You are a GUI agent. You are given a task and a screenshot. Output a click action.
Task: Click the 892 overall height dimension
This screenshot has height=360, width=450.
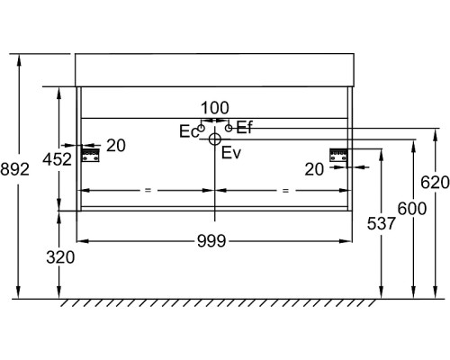(x=14, y=169)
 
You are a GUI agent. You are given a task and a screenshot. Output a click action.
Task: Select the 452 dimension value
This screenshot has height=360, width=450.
(x=58, y=159)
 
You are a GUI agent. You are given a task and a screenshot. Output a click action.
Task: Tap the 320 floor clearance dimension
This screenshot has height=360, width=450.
(x=60, y=257)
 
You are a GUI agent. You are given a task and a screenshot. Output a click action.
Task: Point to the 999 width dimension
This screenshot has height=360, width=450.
(x=211, y=241)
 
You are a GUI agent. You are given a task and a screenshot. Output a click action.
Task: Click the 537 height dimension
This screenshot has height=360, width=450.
(x=382, y=223)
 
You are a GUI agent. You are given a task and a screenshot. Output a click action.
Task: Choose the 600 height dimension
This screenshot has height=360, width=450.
(x=412, y=209)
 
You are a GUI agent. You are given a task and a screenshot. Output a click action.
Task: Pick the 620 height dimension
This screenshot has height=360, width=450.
(x=435, y=183)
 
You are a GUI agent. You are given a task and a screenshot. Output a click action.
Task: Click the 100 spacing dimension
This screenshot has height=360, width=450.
(x=215, y=108)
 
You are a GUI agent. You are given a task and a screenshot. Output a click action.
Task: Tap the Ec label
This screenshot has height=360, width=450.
(x=189, y=131)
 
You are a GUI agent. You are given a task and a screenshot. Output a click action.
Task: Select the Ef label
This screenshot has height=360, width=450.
(x=245, y=128)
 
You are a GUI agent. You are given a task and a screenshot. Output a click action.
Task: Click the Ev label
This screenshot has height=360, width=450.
(x=231, y=153)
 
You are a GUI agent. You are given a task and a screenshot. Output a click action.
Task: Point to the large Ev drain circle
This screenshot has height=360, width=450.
(x=215, y=139)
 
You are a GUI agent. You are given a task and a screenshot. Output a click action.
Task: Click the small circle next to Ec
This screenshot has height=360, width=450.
(x=202, y=128)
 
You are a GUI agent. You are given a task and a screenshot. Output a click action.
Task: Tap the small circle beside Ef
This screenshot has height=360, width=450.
(x=229, y=128)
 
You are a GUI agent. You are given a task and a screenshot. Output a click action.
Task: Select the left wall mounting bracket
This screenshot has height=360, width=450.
(x=91, y=155)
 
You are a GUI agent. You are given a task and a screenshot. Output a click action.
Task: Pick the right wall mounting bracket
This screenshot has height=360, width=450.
(x=338, y=155)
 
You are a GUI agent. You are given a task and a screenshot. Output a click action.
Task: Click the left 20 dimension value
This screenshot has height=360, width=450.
(x=116, y=146)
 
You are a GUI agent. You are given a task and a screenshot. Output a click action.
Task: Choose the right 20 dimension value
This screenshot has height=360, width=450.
(x=314, y=169)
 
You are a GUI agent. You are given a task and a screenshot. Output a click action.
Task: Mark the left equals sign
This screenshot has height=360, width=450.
(x=148, y=190)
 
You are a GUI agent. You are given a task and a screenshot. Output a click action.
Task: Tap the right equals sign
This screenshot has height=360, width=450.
(x=285, y=190)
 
